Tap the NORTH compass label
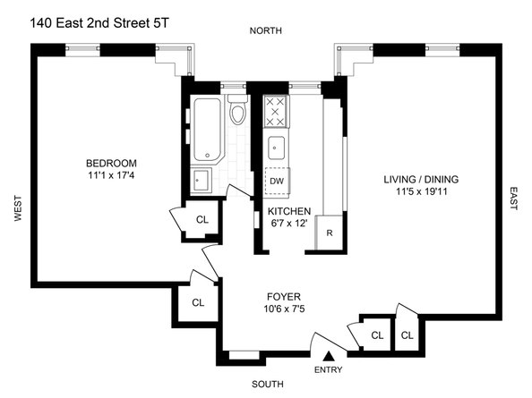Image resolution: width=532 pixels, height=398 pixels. click(266, 31)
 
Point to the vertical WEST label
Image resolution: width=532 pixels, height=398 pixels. click(16, 210)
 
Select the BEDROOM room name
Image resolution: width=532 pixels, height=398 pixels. click(111, 163)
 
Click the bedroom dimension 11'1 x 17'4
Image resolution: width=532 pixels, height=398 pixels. click(111, 176)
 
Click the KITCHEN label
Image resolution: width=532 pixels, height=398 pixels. click(289, 211)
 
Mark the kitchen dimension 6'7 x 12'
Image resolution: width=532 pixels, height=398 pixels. click(289, 224)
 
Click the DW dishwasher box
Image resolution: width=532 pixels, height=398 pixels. click(277, 181)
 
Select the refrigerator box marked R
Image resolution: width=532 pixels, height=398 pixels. click(330, 233)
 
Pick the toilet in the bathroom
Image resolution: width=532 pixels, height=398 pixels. click(237, 113)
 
